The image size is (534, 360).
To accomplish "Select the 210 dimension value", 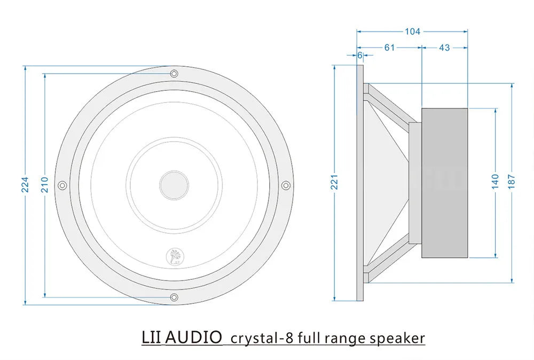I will [45, 185].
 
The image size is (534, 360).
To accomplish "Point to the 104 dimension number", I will [412, 32].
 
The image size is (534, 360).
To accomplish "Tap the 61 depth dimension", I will [389, 48].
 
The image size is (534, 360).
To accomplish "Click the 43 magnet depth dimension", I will [444, 48].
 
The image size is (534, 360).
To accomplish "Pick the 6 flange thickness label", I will [360, 56].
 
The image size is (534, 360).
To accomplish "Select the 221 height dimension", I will [335, 183].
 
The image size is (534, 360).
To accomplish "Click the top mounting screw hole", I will [174, 73].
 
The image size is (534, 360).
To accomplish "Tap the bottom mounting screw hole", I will [174, 297].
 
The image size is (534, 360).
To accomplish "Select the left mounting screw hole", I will [62, 185].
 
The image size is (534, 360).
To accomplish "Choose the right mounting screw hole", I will [286, 185].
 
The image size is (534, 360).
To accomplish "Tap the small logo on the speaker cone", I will [174, 256].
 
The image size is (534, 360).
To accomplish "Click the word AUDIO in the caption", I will [194, 338].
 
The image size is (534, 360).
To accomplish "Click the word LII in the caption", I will [152, 338].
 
